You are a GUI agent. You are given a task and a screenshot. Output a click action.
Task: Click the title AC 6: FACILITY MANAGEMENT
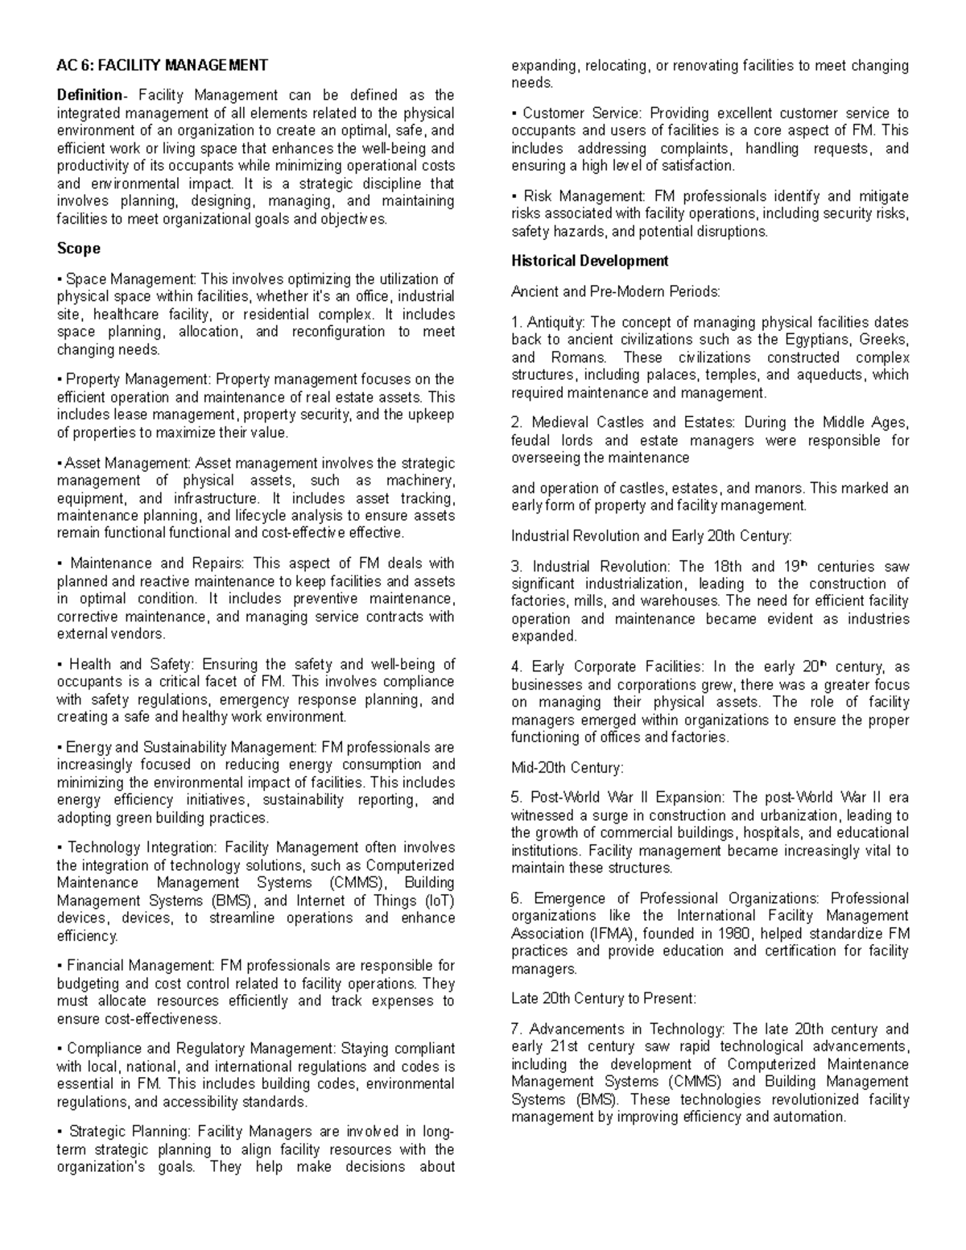162,65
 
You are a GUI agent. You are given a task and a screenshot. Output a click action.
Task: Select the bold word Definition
89,96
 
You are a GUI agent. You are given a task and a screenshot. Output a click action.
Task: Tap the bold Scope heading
78,249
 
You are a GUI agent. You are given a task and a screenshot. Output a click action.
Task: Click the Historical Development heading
589,261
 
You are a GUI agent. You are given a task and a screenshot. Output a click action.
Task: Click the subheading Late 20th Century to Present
603,999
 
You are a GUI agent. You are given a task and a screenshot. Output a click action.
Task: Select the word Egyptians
819,340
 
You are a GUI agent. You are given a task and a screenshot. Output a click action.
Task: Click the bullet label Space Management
130,279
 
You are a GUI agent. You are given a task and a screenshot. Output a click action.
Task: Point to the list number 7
516,1029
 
